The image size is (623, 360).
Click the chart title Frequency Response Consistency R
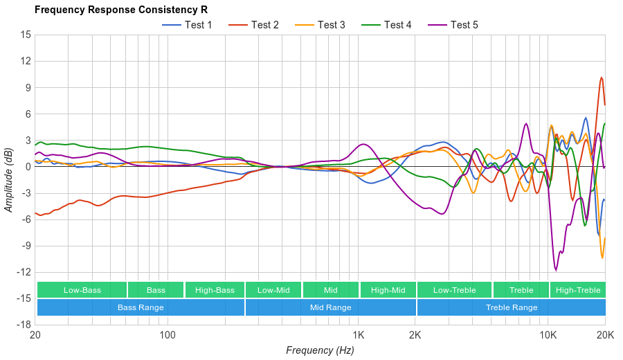click(x=120, y=10)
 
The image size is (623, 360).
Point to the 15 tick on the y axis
click(x=26, y=35)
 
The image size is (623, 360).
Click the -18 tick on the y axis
click(x=24, y=325)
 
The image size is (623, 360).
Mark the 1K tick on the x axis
click(x=358, y=334)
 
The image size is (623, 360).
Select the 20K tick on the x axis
click(x=605, y=334)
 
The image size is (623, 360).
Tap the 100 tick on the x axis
click(x=167, y=334)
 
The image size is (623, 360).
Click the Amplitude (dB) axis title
click(x=9, y=179)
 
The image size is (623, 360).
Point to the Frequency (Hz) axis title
click(x=320, y=350)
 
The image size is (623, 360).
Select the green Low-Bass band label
click(x=82, y=290)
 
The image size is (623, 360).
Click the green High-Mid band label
click(x=388, y=290)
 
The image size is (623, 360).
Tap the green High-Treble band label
click(x=578, y=290)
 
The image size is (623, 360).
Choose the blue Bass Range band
click(x=141, y=307)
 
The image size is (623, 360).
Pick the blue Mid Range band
click(x=330, y=307)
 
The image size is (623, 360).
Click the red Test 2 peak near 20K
click(x=602, y=78)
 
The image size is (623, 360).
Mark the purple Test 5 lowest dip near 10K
click(x=555, y=270)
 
